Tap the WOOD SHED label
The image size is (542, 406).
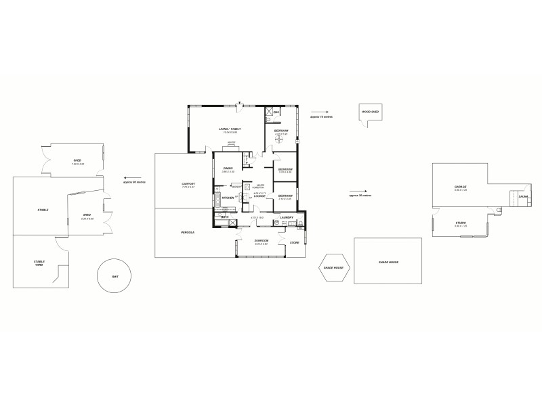369,112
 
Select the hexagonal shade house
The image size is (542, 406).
333,268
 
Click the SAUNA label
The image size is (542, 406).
522,197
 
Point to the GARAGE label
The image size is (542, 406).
460,187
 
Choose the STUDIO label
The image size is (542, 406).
460,222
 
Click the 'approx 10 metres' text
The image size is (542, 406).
321,117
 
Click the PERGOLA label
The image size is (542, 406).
188,232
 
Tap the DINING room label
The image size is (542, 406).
228,168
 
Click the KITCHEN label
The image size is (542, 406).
228,198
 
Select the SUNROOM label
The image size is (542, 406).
262,240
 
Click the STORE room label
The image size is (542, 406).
294,242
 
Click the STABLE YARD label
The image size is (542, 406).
39,263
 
